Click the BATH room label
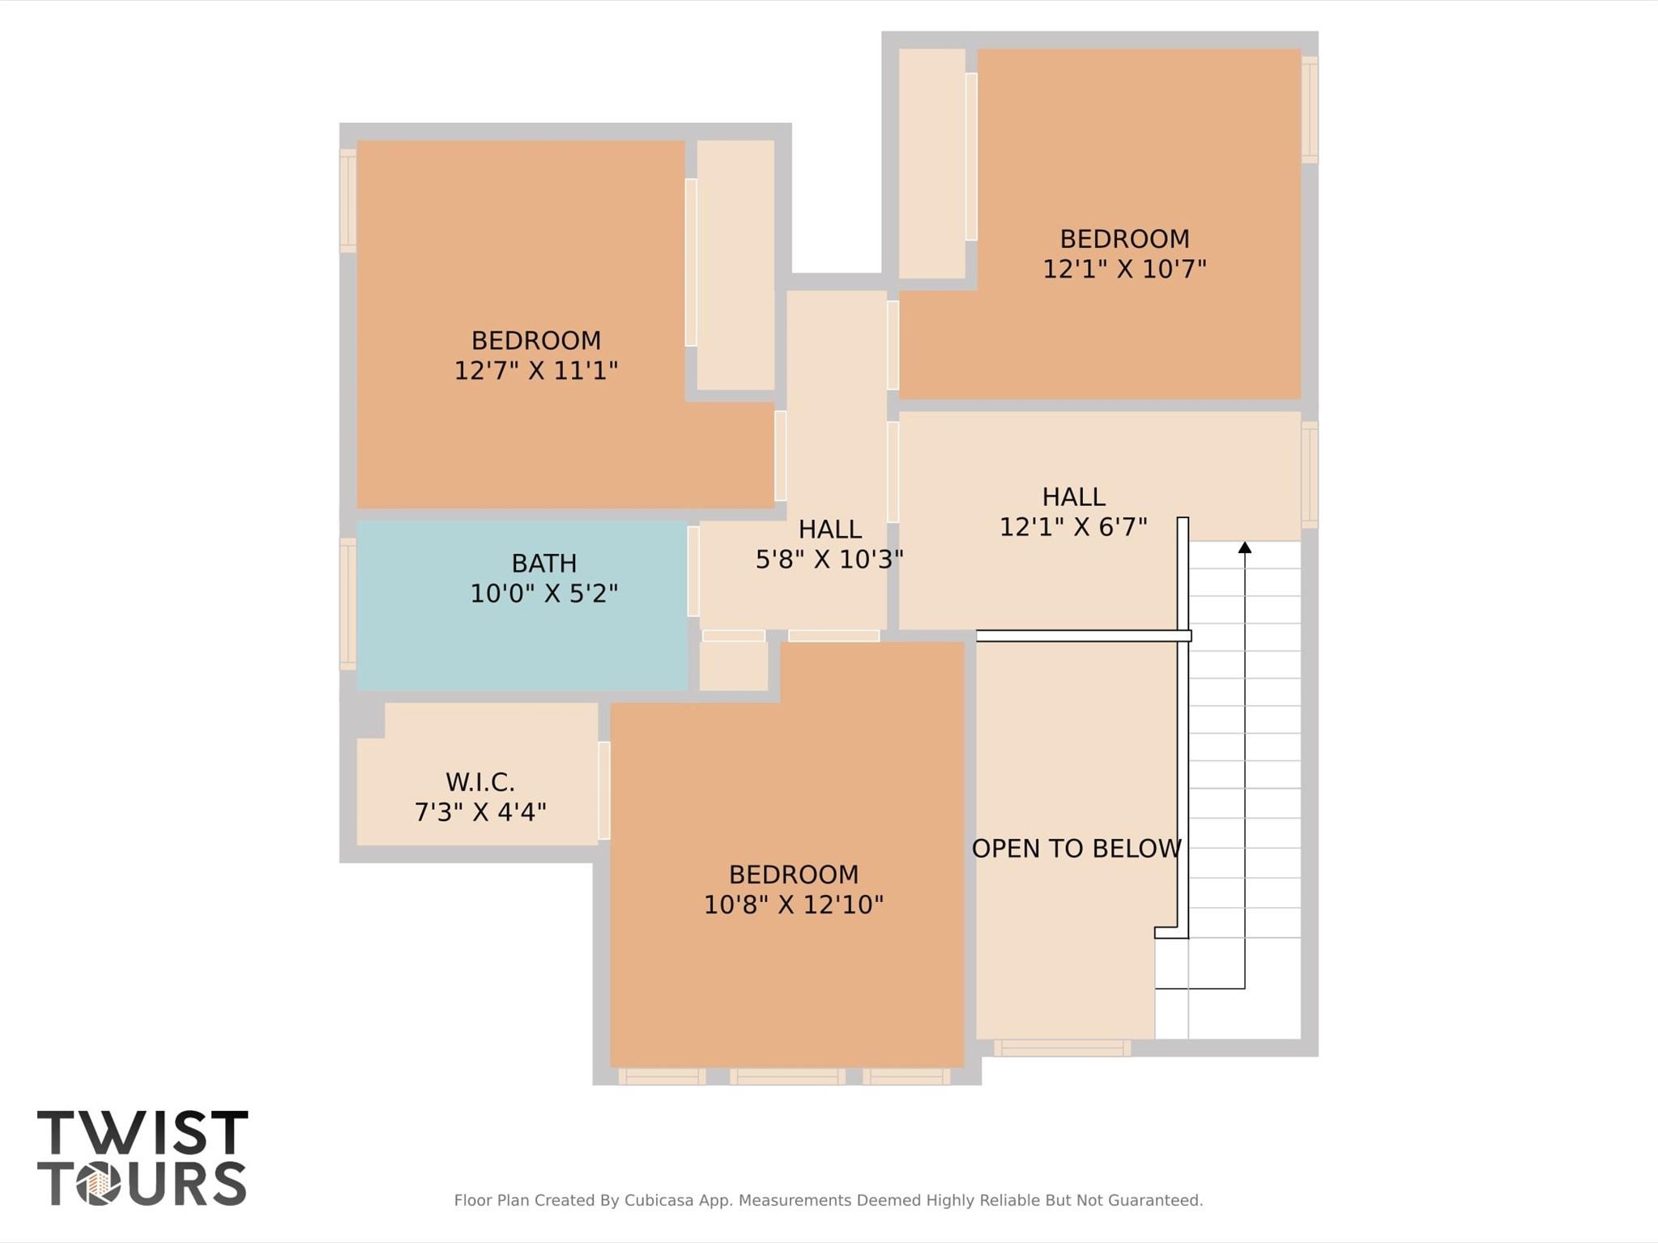(x=543, y=564)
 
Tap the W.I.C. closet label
(x=479, y=782)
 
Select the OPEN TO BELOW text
(x=1076, y=849)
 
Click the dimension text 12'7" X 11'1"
(x=535, y=371)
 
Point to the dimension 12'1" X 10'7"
(x=1124, y=269)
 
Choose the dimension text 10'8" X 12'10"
(x=793, y=905)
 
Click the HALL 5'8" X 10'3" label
(x=829, y=544)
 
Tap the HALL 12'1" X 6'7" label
(x=1073, y=512)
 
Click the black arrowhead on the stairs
(x=1245, y=548)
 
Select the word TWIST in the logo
(x=143, y=1133)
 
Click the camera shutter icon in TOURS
(x=99, y=1184)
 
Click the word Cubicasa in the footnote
(x=659, y=1200)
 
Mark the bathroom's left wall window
(x=347, y=604)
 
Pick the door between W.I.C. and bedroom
(x=603, y=790)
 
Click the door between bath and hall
(x=693, y=571)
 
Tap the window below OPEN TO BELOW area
(x=1062, y=1048)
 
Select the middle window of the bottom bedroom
(x=787, y=1076)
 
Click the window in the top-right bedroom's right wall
(x=1310, y=109)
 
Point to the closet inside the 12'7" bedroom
(x=735, y=265)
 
